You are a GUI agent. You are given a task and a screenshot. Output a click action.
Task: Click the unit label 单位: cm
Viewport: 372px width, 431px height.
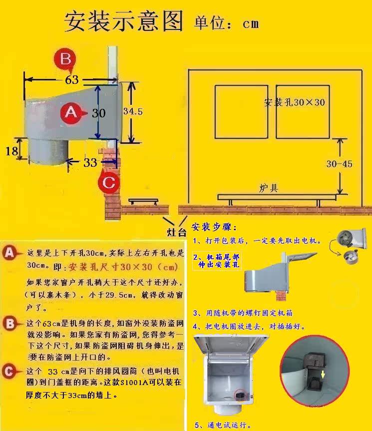click(226, 22)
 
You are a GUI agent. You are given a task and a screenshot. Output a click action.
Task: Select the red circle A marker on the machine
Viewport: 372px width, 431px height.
click(71, 113)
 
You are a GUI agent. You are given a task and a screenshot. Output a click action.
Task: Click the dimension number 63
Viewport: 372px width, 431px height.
click(72, 79)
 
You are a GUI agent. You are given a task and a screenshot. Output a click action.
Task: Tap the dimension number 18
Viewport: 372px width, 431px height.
click(11, 150)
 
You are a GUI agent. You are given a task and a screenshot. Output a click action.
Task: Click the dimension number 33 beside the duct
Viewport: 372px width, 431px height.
click(90, 162)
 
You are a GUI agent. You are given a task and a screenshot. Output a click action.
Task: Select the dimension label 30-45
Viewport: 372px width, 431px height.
click(340, 164)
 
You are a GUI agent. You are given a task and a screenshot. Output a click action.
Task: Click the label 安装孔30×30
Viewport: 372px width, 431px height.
click(295, 102)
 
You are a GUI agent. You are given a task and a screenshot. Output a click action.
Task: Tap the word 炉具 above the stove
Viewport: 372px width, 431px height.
click(268, 188)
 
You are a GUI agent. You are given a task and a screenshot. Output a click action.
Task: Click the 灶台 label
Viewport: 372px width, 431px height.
click(176, 232)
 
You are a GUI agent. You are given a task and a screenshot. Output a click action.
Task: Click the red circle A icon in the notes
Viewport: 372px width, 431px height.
click(9, 253)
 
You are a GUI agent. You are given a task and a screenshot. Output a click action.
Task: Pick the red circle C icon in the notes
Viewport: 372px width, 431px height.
click(8, 372)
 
